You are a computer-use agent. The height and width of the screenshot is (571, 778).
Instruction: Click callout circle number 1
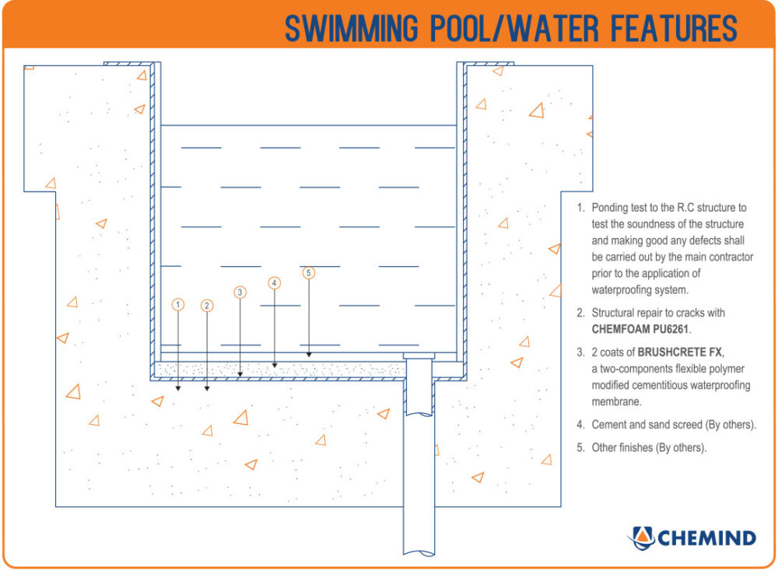pos(178,304)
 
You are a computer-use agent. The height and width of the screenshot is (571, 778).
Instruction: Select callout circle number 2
pos(207,306)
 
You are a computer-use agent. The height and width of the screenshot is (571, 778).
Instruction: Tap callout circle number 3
pos(240,293)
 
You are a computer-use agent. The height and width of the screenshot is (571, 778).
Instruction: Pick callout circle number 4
pos(274,283)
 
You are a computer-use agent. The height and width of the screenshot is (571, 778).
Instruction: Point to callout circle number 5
pos(309,273)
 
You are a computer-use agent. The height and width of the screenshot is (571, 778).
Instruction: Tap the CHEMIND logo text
pos(706,538)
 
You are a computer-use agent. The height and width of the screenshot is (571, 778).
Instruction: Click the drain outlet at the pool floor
pos(418,356)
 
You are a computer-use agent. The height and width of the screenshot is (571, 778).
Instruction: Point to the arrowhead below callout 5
pos(309,354)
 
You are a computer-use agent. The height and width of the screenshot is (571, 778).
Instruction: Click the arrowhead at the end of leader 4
pos(274,363)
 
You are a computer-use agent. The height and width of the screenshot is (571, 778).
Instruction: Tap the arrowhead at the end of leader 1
pos(178,386)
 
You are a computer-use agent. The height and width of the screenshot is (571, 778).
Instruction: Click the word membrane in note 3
pos(617,401)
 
